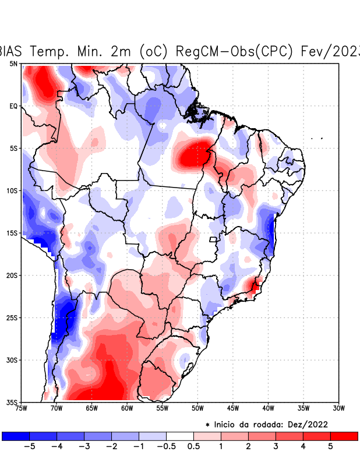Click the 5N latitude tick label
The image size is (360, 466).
click(x=13, y=63)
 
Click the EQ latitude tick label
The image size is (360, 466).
click(x=13, y=106)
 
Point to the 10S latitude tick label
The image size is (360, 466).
click(x=12, y=190)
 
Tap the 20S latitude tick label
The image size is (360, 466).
click(x=12, y=275)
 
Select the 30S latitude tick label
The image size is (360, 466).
click(x=12, y=360)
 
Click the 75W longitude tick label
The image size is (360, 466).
click(x=21, y=408)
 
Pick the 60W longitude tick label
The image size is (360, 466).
click(x=127, y=408)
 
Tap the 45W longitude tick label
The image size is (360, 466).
click(x=233, y=408)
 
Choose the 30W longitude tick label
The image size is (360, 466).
click(x=339, y=408)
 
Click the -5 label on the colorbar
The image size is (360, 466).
click(x=27, y=447)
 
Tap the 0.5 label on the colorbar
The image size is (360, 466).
click(x=194, y=447)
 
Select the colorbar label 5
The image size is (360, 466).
click(x=330, y=447)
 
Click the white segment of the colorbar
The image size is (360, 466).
click(x=180, y=436)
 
